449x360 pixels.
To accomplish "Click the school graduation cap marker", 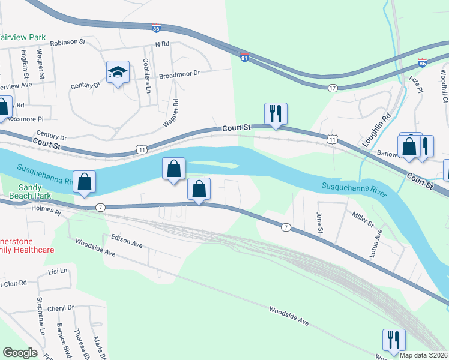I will (118, 73).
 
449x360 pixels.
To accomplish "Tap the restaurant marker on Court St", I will (276, 113).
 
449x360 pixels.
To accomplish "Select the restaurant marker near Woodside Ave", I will (393, 340).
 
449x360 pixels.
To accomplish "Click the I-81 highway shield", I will (244, 58).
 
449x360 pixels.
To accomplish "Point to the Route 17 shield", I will (332, 88).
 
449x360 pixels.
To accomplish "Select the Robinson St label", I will (68, 43).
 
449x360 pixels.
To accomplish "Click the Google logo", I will (20, 353).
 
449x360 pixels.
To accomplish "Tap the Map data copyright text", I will (423, 355).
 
